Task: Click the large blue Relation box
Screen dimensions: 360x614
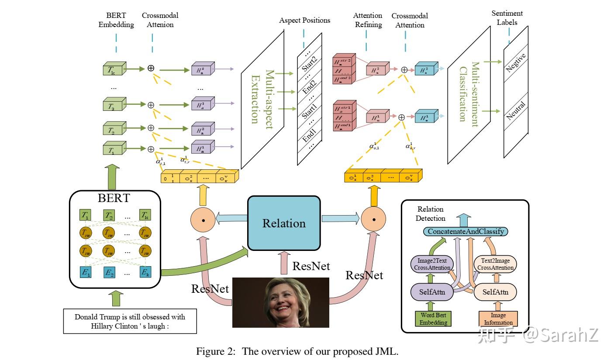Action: [284, 223]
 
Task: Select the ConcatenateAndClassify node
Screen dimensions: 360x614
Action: [466, 231]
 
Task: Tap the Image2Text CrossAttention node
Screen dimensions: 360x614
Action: [432, 264]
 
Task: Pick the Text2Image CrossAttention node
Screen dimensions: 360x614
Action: [495, 264]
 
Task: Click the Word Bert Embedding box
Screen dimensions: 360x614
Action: [433, 319]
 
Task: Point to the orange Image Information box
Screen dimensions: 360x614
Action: [498, 319]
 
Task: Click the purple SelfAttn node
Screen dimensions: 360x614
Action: [432, 291]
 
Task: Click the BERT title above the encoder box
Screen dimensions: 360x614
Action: [114, 198]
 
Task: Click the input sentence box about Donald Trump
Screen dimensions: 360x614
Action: [130, 321]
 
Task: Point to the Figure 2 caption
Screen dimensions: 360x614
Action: [297, 351]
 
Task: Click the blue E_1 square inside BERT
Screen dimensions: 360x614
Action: [86, 273]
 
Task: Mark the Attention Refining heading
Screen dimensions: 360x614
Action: [368, 20]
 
